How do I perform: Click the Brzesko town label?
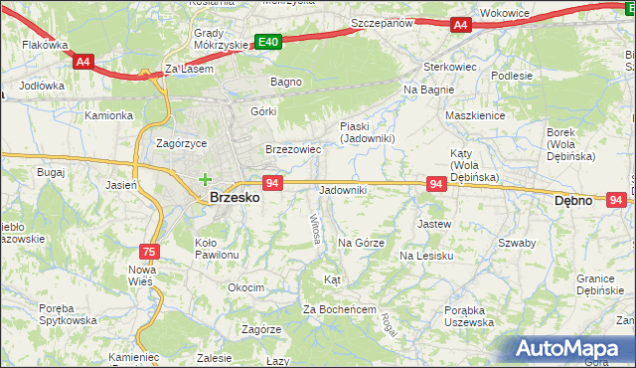pyautogui.click(x=236, y=198)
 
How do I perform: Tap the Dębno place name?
pyautogui.click(x=572, y=200)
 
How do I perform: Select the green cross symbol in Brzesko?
pyautogui.click(x=205, y=180)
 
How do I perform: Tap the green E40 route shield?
pyautogui.click(x=267, y=42)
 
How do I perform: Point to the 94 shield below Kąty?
pyautogui.click(x=435, y=184)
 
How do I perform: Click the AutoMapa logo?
pyautogui.click(x=571, y=349)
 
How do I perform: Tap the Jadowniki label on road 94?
pyautogui.click(x=342, y=190)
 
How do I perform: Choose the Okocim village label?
pyautogui.click(x=245, y=287)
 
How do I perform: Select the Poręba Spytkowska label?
pyautogui.click(x=69, y=314)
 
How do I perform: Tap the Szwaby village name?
pyautogui.click(x=517, y=243)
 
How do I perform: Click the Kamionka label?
pyautogui.click(x=108, y=115)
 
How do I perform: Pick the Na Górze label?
pyautogui.click(x=361, y=243)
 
